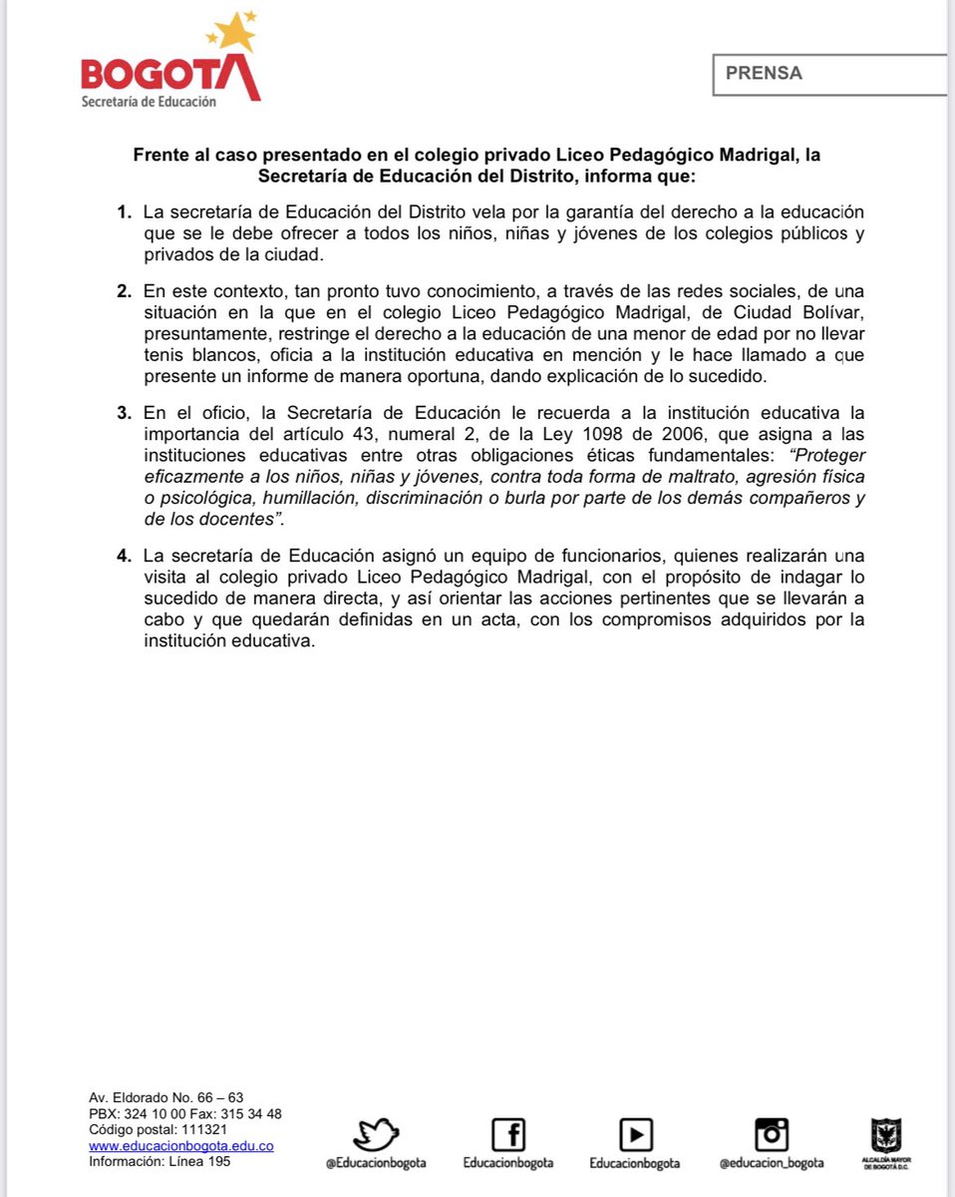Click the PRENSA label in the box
pos(764,73)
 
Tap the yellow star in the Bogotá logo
pos(235,33)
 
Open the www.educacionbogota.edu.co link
pos(181,1146)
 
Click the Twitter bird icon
pos(376,1133)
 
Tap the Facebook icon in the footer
pos(508,1133)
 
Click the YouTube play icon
pos(635,1133)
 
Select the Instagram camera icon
pos(772,1133)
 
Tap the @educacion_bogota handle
pos(772,1163)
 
